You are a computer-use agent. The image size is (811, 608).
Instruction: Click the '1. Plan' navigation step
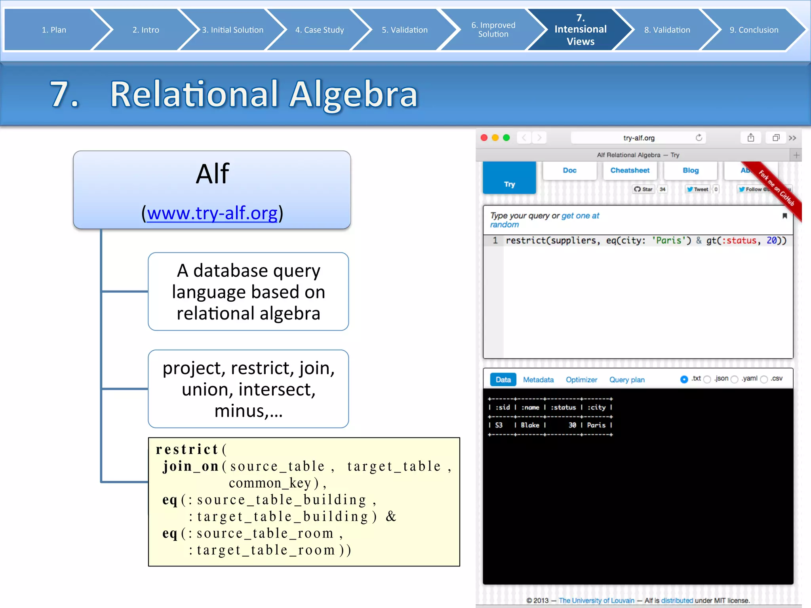tap(54, 30)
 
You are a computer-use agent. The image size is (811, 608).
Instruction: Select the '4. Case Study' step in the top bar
tap(319, 30)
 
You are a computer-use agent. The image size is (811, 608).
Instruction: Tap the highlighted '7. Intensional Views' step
tap(580, 30)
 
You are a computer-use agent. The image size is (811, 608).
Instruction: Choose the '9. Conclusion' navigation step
tap(754, 30)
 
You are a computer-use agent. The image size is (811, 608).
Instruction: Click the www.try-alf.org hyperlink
tap(212, 213)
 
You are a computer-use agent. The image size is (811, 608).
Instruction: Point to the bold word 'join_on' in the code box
tap(191, 466)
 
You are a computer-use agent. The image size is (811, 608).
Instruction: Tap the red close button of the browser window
tap(484, 138)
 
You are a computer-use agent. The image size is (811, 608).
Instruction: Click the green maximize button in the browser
tap(506, 138)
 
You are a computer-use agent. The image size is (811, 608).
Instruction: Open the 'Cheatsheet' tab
tap(630, 170)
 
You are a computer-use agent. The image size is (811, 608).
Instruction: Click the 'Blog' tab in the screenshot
tap(691, 170)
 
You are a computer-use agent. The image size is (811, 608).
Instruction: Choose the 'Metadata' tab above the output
tap(538, 380)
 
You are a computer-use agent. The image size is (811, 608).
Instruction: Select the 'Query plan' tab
tap(626, 380)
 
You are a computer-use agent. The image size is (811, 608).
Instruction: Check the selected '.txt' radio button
tap(684, 379)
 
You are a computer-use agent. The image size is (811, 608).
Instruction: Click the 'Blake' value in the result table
tap(530, 425)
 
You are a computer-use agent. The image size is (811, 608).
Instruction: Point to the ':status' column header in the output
tap(563, 407)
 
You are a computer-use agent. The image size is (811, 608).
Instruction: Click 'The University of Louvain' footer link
tap(596, 600)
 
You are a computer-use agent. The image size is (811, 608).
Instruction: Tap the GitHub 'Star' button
tap(643, 189)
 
